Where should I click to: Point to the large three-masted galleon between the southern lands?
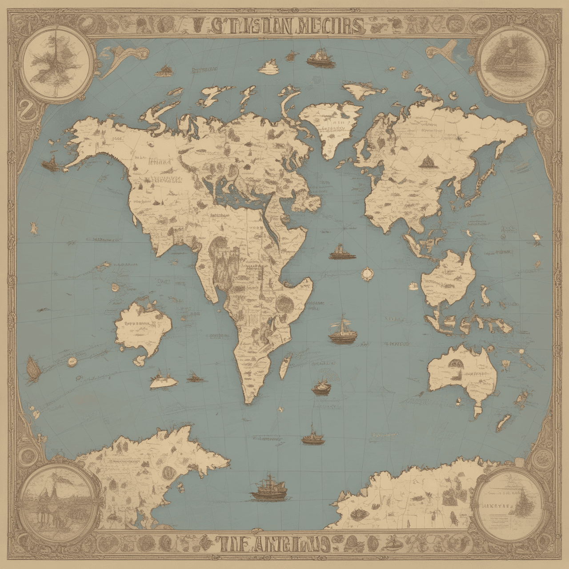point(269,491)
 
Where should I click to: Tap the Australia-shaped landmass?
point(462,373)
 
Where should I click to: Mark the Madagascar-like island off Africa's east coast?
point(284,365)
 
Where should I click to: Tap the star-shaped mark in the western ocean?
point(34,229)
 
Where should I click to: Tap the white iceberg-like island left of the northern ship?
point(268,68)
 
